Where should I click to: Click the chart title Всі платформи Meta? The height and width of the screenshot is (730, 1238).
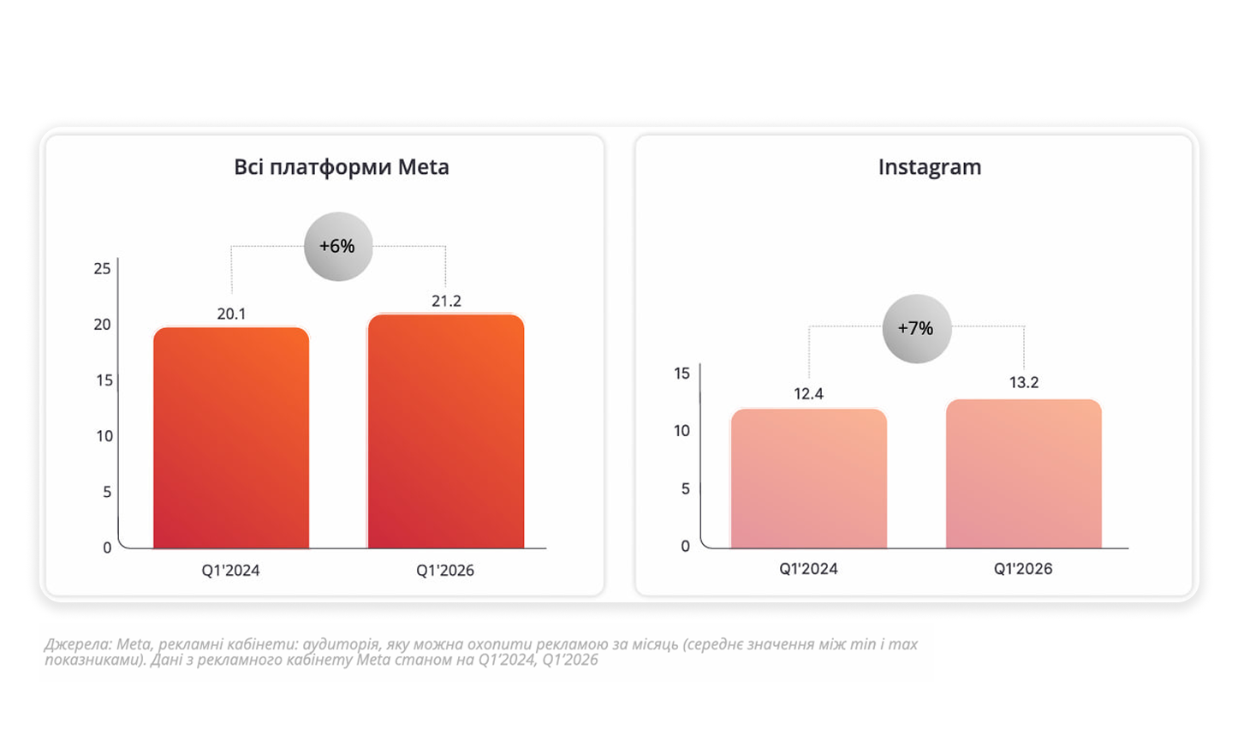pyautogui.click(x=341, y=167)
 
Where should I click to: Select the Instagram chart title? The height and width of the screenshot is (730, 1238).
pyautogui.click(x=929, y=167)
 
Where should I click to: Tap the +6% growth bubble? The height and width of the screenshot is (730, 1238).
pyautogui.click(x=338, y=247)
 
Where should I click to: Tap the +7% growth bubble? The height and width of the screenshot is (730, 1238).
pyautogui.click(x=916, y=328)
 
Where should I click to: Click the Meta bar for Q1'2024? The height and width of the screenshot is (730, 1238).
pyautogui.click(x=231, y=437)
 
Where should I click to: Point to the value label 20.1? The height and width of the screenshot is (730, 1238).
pyautogui.click(x=231, y=314)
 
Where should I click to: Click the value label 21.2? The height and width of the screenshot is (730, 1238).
pyautogui.click(x=446, y=302)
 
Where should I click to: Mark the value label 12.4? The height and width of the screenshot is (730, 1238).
pyautogui.click(x=808, y=394)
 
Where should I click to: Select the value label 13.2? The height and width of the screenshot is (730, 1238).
pyautogui.click(x=1023, y=383)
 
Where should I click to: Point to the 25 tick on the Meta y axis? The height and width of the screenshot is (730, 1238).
pyautogui.click(x=102, y=269)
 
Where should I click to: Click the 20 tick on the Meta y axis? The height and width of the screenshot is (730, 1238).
pyautogui.click(x=102, y=325)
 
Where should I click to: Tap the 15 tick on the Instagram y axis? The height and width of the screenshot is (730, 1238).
pyautogui.click(x=681, y=374)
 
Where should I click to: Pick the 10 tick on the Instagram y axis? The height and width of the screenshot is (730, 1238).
pyautogui.click(x=681, y=431)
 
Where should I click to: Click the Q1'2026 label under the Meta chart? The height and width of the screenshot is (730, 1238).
pyautogui.click(x=445, y=571)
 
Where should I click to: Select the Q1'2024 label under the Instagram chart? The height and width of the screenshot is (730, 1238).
pyautogui.click(x=808, y=569)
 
